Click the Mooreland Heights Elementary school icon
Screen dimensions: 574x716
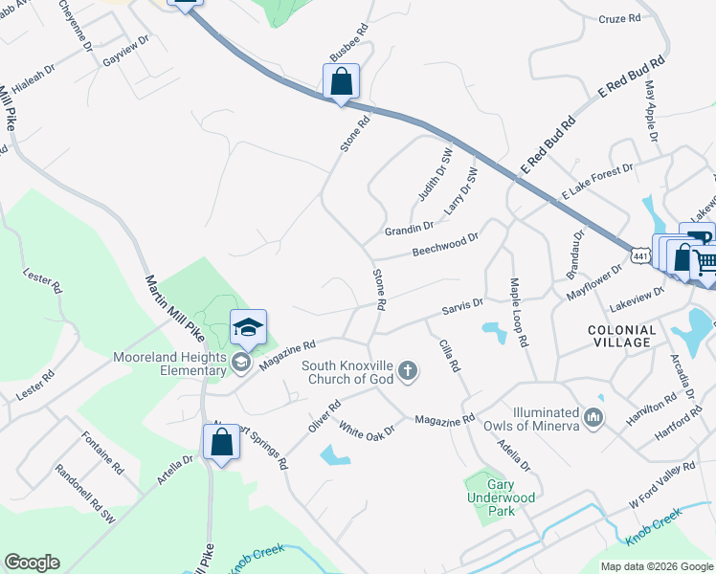click(240, 361)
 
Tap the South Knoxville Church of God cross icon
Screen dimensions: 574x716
click(408, 370)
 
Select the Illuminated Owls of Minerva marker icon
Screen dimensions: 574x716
click(593, 416)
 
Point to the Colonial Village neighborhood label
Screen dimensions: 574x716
click(629, 336)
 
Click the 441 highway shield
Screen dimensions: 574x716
click(641, 255)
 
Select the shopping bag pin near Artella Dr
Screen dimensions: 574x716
click(221, 443)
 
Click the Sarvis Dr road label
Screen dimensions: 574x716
click(462, 307)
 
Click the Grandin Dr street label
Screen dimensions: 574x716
click(409, 229)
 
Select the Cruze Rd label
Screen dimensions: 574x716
click(619, 18)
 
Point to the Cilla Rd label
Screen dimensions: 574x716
click(450, 356)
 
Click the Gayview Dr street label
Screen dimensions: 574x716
click(127, 46)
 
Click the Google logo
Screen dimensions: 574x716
click(32, 563)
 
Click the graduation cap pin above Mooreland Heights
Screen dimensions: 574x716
click(248, 328)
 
